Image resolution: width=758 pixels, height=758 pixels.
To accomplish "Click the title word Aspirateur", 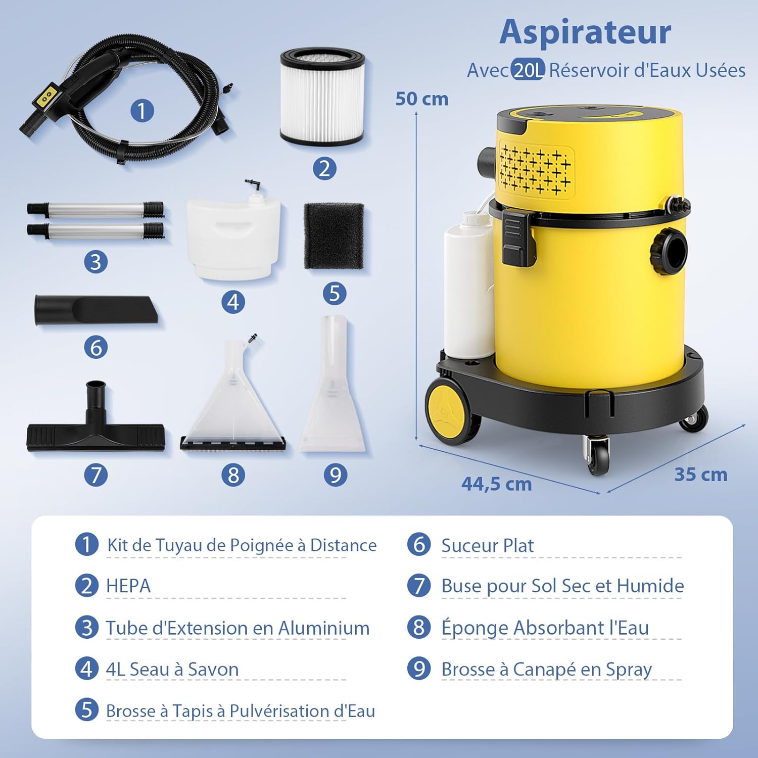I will coord(585,32).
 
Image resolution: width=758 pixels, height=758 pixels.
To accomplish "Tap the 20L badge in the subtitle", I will coord(528,70).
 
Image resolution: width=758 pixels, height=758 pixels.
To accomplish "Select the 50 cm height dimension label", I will coord(421,99).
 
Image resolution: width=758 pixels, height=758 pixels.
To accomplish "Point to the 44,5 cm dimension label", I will coord(496,484).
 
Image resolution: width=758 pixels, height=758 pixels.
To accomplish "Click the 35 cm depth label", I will coord(701,475).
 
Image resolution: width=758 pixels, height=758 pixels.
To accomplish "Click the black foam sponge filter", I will coord(334,236).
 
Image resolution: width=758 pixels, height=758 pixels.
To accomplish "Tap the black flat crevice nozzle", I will coord(96,310).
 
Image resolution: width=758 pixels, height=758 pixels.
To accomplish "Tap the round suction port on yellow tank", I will coord(670,251).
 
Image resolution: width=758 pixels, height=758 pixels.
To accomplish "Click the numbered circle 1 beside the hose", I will coord(142,111).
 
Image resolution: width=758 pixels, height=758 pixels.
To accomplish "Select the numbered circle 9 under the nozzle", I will coord(335,475).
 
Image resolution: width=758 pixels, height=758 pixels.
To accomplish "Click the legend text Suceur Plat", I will coord(487,546).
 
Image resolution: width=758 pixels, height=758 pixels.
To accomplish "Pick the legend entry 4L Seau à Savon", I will coord(172,669).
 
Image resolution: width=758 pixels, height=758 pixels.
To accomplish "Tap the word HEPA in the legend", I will coord(128,586).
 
